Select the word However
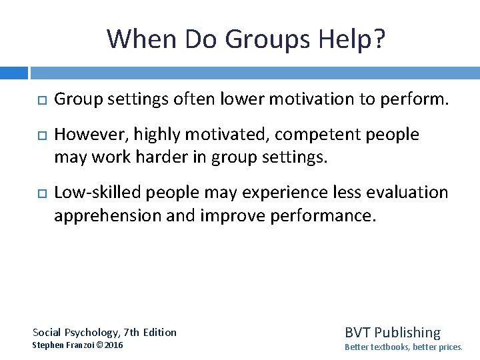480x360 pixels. point(88,135)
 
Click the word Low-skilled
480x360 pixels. point(98,193)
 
